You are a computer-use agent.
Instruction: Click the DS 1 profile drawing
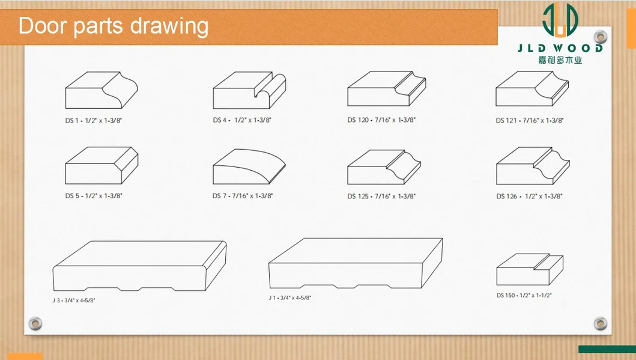[x=101, y=90]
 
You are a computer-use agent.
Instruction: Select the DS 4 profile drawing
[x=249, y=90]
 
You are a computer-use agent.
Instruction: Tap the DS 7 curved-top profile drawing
[x=249, y=167]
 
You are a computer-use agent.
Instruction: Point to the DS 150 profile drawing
[x=530, y=269]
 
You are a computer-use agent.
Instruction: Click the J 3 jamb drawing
[x=139, y=266]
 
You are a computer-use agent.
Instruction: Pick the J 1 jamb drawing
[x=356, y=263]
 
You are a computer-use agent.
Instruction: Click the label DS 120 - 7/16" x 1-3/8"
[x=381, y=120]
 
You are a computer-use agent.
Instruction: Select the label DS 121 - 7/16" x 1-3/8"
[x=530, y=121]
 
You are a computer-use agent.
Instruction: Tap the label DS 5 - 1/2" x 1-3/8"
[x=94, y=195]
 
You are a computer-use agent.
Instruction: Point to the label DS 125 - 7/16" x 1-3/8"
[x=381, y=197]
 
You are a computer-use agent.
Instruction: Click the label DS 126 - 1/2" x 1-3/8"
[x=529, y=197]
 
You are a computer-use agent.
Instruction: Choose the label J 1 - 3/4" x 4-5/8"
[x=289, y=298]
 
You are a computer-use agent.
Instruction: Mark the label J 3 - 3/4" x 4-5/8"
[x=74, y=301]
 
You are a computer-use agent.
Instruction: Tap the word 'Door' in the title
[x=43, y=26]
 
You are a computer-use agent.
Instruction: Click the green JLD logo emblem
[x=560, y=20]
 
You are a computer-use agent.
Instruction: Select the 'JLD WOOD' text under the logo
[x=560, y=48]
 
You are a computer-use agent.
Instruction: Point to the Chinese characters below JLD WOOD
[x=560, y=60]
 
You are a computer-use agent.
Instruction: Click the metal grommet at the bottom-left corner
[x=35, y=323]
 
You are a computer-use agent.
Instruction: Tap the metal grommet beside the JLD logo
[x=601, y=37]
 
